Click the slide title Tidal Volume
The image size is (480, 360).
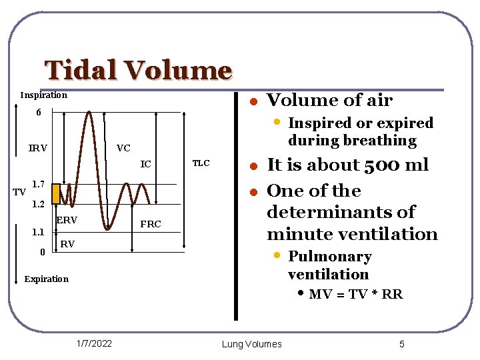pyautogui.click(x=138, y=70)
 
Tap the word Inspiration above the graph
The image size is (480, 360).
pyautogui.click(x=43, y=95)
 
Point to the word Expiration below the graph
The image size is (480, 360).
pyautogui.click(x=46, y=279)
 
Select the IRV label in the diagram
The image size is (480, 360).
pyautogui.click(x=38, y=148)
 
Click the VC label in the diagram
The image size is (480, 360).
pyautogui.click(x=123, y=148)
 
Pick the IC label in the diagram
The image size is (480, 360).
pyautogui.click(x=146, y=164)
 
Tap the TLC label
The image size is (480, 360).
pyautogui.click(x=201, y=163)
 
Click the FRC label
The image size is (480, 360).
pyautogui.click(x=151, y=224)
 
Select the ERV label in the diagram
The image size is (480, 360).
pyautogui.click(x=67, y=220)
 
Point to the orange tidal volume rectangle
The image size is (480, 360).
pyautogui.click(x=56, y=193)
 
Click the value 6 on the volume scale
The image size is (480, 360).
pyautogui.click(x=39, y=113)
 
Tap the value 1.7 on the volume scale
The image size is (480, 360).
pyautogui.click(x=39, y=183)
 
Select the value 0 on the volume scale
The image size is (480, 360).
pyautogui.click(x=42, y=252)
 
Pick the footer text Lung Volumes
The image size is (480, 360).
pyautogui.click(x=252, y=344)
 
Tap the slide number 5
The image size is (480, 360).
pyautogui.click(x=402, y=344)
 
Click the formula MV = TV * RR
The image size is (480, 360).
pyautogui.click(x=355, y=294)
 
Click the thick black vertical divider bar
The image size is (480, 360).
pyautogui.click(x=236, y=207)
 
